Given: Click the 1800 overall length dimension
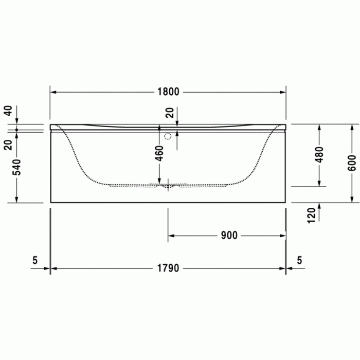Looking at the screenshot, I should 168,92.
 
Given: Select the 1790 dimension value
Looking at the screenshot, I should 168,268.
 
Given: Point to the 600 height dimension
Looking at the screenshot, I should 352,164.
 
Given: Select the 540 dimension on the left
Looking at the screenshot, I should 17,167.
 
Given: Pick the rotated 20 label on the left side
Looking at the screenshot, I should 7,145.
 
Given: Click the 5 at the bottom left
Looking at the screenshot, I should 35,261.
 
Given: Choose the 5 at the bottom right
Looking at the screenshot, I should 299,261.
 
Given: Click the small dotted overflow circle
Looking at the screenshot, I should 167,137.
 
